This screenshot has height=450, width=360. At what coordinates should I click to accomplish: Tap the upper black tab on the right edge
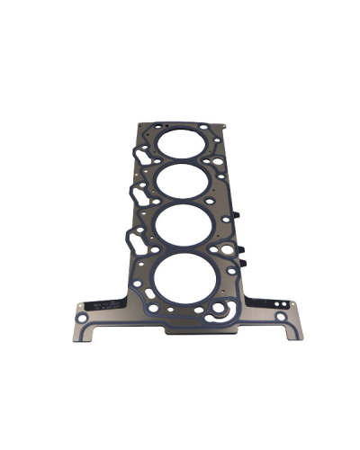pos(240,217)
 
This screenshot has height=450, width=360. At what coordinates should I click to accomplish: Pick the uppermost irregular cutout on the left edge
pos(139,158)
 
